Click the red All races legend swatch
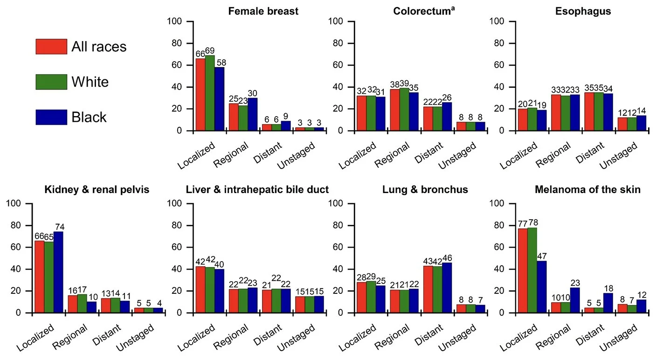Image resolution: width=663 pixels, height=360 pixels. [51, 47]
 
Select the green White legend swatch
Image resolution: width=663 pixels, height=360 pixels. [51, 82]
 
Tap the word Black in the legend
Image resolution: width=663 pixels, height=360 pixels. [89, 118]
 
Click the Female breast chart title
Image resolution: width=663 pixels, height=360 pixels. [263, 11]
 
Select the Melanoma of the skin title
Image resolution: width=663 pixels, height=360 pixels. [587, 190]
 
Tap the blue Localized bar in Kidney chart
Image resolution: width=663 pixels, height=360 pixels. [58, 272]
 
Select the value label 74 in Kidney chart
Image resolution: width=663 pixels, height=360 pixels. [58, 227]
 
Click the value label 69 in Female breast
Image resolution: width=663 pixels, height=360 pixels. [210, 50]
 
